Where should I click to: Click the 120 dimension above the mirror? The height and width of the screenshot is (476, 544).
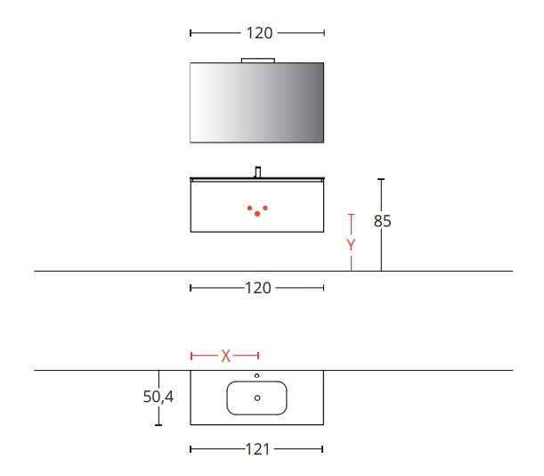259,33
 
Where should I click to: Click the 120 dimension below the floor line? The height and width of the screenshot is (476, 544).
258,288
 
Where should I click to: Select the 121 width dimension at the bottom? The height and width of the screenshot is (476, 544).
257,449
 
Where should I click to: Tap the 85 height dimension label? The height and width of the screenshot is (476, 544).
382,221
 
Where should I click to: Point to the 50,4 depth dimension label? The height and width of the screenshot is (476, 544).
158,397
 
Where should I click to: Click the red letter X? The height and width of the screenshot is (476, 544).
225,357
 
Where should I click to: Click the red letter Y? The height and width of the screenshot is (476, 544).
351,245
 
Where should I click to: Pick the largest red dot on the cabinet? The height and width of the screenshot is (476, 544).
257,214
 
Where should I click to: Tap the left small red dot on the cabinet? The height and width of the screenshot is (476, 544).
249,208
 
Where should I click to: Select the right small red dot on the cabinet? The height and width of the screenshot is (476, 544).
265,208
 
